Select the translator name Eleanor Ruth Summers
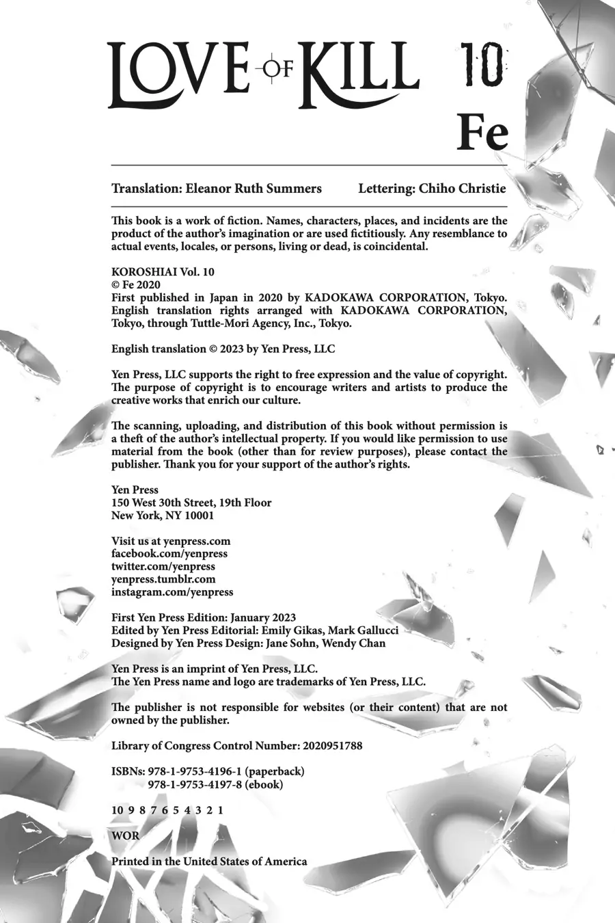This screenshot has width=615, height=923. (x=254, y=189)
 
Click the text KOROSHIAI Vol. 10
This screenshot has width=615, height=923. (x=163, y=271)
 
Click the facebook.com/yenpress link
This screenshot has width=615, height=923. (x=169, y=554)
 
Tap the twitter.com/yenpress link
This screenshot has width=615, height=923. (x=163, y=567)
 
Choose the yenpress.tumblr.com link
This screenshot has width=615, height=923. (x=163, y=579)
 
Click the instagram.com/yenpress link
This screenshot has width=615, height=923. (x=172, y=592)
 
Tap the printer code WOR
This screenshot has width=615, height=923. (x=125, y=835)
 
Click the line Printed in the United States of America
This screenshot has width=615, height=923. (x=209, y=861)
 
